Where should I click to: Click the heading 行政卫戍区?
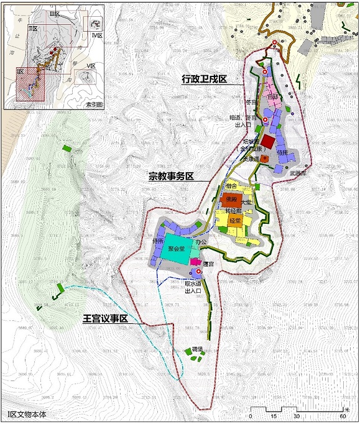tap(203, 79)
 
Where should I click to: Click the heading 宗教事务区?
tap(170, 176)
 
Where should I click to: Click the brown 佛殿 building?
tap(230, 200)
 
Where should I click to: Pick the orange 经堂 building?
tap(235, 221)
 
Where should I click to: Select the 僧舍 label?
tap(231, 187)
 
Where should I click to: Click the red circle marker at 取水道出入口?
tap(198, 272)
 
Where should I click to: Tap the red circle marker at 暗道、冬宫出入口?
tap(265, 120)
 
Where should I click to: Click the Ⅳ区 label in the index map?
tap(96, 36)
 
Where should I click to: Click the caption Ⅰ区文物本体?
tap(27, 414)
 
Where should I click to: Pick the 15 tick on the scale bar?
tap(274, 416)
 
